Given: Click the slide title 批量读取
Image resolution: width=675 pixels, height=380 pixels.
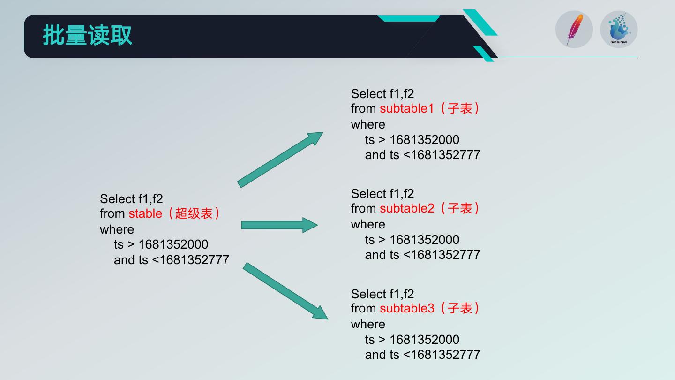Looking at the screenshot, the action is (88, 35).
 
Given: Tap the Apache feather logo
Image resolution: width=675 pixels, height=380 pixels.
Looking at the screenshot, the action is (574, 30).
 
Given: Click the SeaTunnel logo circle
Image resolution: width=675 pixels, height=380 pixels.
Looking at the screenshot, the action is (619, 30).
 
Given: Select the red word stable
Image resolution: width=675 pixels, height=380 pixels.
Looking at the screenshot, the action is (145, 213).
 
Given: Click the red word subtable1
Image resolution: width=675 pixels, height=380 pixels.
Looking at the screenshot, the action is (407, 108).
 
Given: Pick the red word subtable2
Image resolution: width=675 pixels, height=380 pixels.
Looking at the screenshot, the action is (407, 208).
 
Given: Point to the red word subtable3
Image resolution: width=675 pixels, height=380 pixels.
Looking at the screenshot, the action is (407, 308).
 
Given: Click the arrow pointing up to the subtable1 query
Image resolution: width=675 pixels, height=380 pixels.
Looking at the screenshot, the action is (280, 160).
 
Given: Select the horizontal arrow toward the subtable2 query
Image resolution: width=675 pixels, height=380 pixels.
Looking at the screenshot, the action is (279, 225).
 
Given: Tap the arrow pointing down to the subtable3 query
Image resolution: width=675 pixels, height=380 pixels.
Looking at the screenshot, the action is (285, 291).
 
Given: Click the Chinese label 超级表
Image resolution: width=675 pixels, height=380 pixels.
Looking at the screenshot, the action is (194, 213).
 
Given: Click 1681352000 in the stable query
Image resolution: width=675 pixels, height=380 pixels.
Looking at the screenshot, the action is (173, 244).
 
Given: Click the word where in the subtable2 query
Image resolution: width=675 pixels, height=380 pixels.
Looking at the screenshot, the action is (368, 224).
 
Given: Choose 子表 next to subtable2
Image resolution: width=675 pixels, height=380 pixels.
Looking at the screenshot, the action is (460, 208).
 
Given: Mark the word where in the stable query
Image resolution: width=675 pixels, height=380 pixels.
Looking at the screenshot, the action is (117, 229).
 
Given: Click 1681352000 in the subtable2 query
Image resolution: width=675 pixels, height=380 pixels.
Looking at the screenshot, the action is (425, 240).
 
